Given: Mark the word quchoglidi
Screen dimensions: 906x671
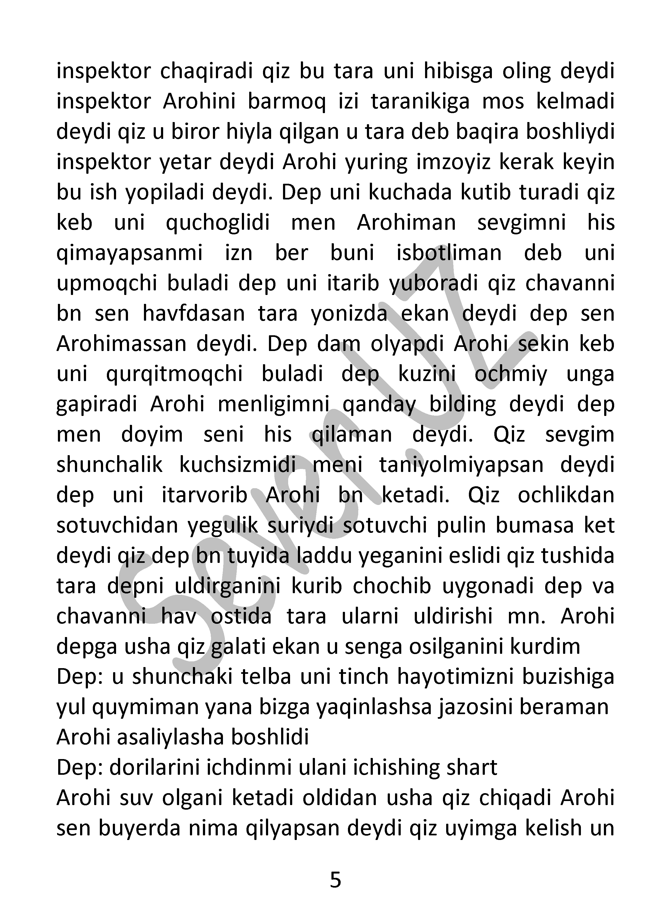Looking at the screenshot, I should coord(218,223).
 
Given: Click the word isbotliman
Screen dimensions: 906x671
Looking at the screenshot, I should coord(449,253).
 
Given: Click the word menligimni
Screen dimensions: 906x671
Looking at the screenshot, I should coord(274,405).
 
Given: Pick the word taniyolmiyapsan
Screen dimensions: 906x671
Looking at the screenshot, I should coord(461,465).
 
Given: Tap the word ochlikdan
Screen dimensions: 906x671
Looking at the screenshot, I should coord(566,495).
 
